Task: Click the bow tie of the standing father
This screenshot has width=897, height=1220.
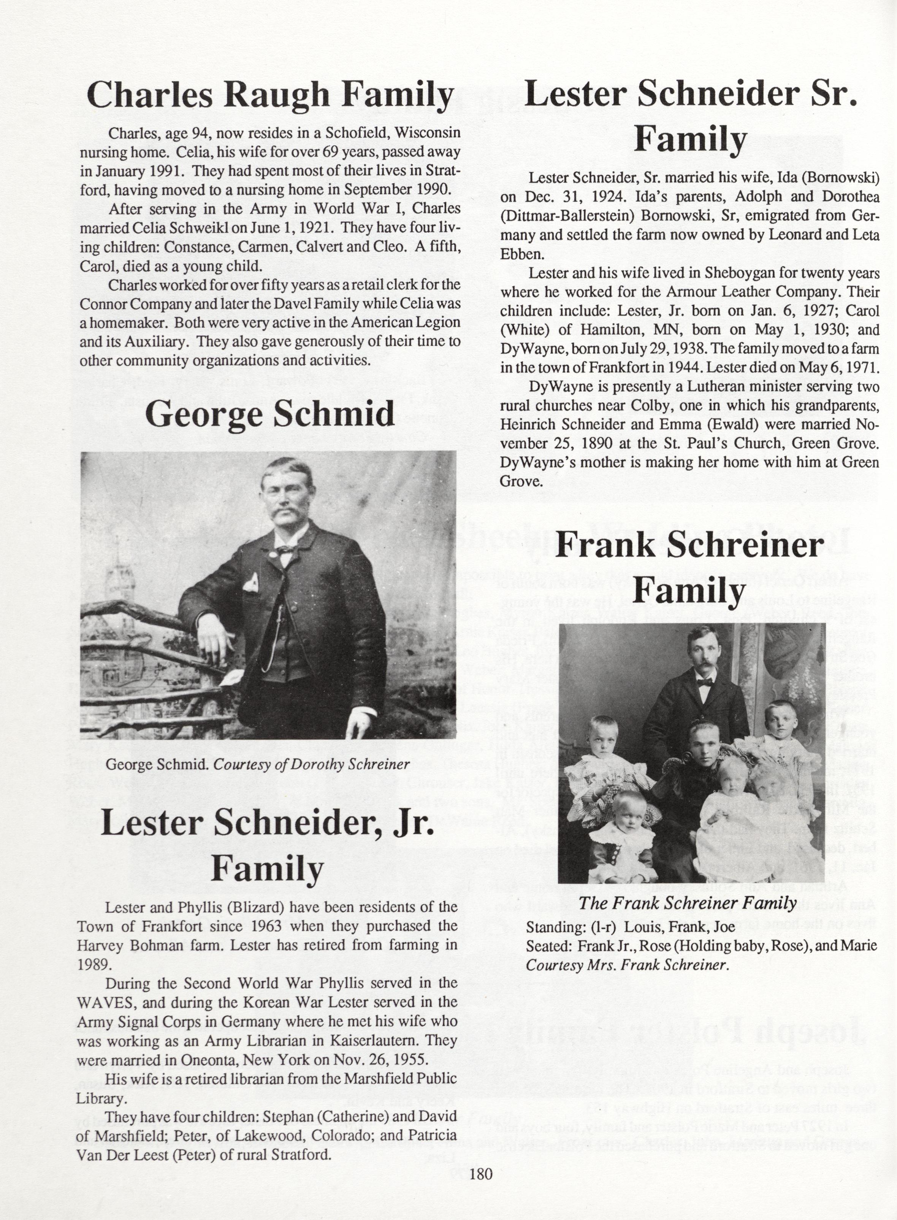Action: tap(704, 682)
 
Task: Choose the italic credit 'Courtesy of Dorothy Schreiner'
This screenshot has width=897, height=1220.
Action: tap(311, 765)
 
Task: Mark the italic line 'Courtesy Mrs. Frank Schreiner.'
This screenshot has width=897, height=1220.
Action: tap(627, 965)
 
